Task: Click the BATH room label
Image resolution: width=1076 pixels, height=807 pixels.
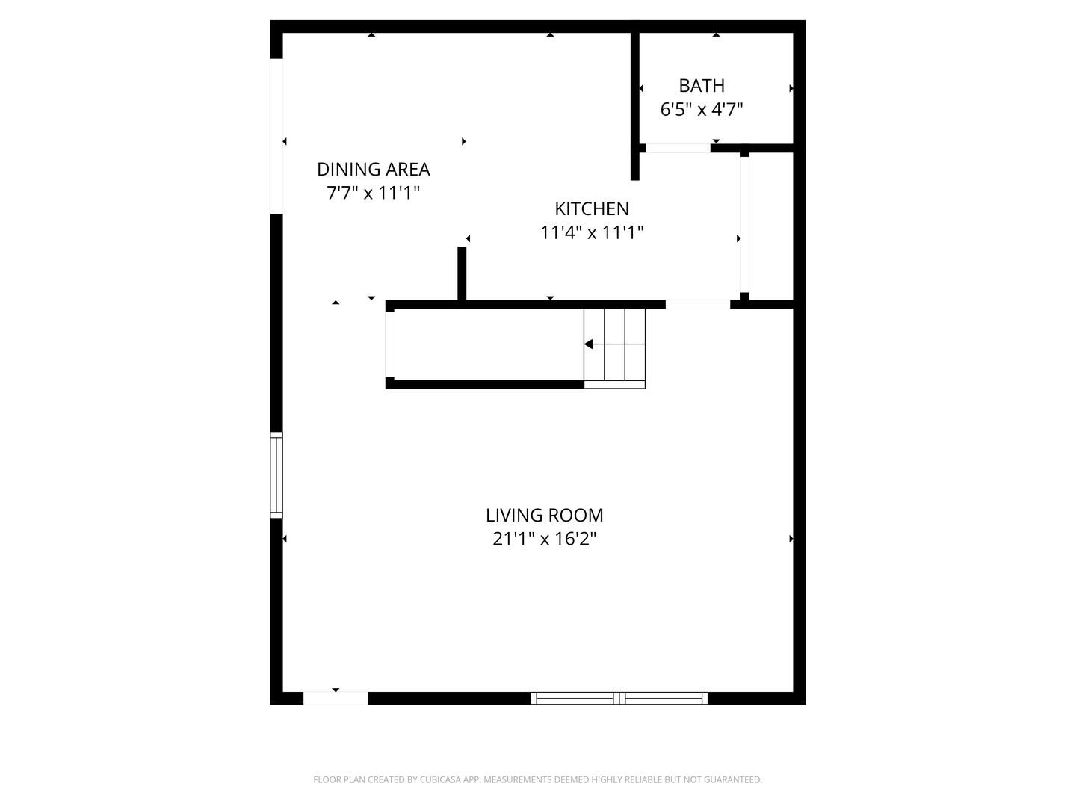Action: [702, 86]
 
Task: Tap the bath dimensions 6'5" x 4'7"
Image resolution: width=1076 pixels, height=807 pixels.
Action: [702, 110]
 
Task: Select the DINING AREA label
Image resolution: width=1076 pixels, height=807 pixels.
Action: [373, 170]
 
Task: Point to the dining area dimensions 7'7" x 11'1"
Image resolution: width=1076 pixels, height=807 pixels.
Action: [373, 193]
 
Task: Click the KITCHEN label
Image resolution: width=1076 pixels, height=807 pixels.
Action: [592, 209]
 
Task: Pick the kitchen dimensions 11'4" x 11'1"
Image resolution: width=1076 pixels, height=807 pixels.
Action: [592, 233]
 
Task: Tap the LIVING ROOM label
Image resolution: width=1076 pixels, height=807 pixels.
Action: [544, 516]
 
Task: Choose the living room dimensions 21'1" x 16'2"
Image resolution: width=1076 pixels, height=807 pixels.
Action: [544, 539]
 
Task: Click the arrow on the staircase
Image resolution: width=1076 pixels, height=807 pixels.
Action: [590, 344]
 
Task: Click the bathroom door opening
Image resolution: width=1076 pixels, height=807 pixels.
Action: [678, 149]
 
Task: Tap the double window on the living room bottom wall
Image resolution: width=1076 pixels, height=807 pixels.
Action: [619, 699]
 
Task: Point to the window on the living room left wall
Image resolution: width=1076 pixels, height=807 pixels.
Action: [276, 474]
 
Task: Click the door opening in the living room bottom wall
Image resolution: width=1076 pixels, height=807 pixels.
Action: [336, 699]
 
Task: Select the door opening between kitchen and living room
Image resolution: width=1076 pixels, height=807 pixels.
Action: [697, 304]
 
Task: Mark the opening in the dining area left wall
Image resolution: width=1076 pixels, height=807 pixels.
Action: [276, 136]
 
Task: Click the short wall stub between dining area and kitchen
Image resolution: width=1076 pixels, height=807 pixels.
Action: [462, 273]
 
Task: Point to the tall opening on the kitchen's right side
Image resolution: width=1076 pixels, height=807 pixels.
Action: [744, 224]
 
